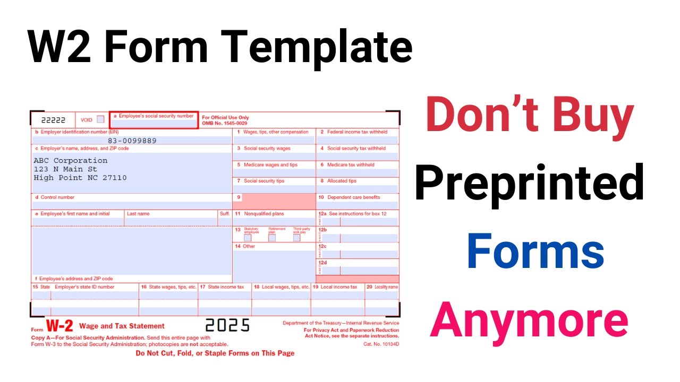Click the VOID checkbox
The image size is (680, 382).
[x=100, y=119]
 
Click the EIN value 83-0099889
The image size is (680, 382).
[x=132, y=141]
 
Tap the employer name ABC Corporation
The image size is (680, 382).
[x=70, y=160]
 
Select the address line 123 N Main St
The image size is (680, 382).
[x=65, y=169]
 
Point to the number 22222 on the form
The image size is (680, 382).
[x=53, y=120]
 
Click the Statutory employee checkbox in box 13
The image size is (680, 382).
[x=248, y=238]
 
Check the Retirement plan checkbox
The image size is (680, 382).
[x=272, y=238]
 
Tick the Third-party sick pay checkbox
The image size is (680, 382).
[x=296, y=238]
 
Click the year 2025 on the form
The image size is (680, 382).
[x=227, y=325]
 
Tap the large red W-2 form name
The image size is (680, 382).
[x=59, y=326]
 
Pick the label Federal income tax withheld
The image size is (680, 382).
[x=357, y=132]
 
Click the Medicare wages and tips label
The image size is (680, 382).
[x=270, y=165]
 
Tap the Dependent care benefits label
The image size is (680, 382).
[x=353, y=197]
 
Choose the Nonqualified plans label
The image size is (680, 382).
[x=263, y=214]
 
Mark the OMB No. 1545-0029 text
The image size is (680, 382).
[x=225, y=124]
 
